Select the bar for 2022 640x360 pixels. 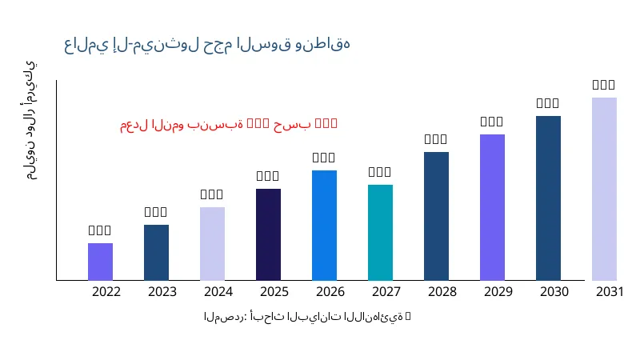click(x=100, y=262)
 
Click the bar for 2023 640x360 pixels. click(x=156, y=253)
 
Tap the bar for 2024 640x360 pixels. click(x=212, y=244)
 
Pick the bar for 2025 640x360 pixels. click(x=268, y=234)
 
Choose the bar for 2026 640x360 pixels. click(x=324, y=226)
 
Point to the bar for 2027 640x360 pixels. click(x=380, y=233)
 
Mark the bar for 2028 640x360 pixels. click(x=436, y=216)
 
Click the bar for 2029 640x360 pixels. click(x=492, y=207)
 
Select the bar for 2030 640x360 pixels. click(x=548, y=198)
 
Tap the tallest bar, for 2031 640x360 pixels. click(x=604, y=189)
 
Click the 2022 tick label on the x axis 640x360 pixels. click(x=106, y=292)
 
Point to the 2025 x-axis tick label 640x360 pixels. click(x=274, y=292)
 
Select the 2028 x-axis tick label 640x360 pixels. click(x=442, y=292)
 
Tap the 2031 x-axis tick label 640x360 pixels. click(x=610, y=292)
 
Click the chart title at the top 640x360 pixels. click(x=206, y=44)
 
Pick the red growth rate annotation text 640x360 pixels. click(x=229, y=124)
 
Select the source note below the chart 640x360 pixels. click(x=307, y=317)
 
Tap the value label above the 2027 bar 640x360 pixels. click(x=380, y=172)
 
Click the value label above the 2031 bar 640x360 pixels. click(x=604, y=85)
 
